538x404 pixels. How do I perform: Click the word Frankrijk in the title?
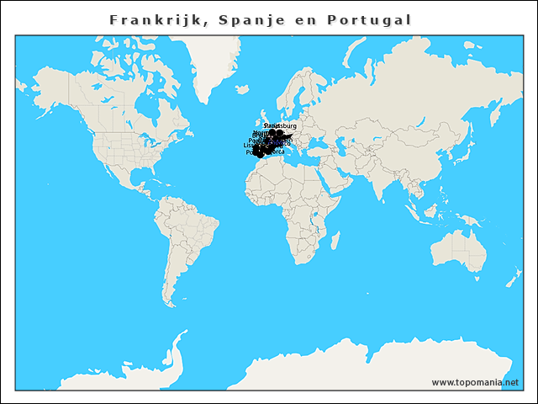156,19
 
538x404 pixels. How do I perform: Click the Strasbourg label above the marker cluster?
281,125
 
